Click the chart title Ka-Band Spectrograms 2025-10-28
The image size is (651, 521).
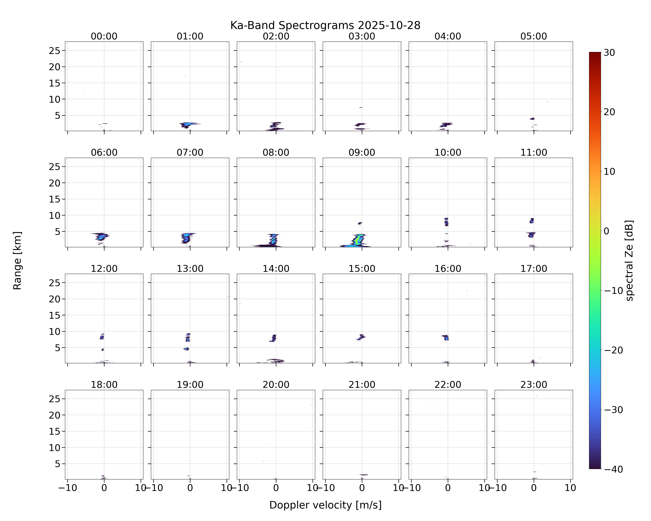pos(325,25)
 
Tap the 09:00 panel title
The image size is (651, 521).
pos(362,152)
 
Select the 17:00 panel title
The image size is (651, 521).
pos(533,268)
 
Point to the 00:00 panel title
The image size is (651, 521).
pos(104,36)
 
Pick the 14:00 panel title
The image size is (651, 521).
pos(276,268)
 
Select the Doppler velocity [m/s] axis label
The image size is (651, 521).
pos(325,505)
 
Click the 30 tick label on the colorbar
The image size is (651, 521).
pos(609,53)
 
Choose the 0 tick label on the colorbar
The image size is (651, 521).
pos(607,231)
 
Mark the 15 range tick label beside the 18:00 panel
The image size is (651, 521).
pos(55,431)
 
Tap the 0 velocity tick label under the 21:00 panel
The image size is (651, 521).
pos(362,488)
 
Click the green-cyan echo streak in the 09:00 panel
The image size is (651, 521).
pos(358,240)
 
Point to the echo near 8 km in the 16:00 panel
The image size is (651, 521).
pos(446,337)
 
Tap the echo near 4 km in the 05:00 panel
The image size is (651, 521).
pos(532,119)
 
